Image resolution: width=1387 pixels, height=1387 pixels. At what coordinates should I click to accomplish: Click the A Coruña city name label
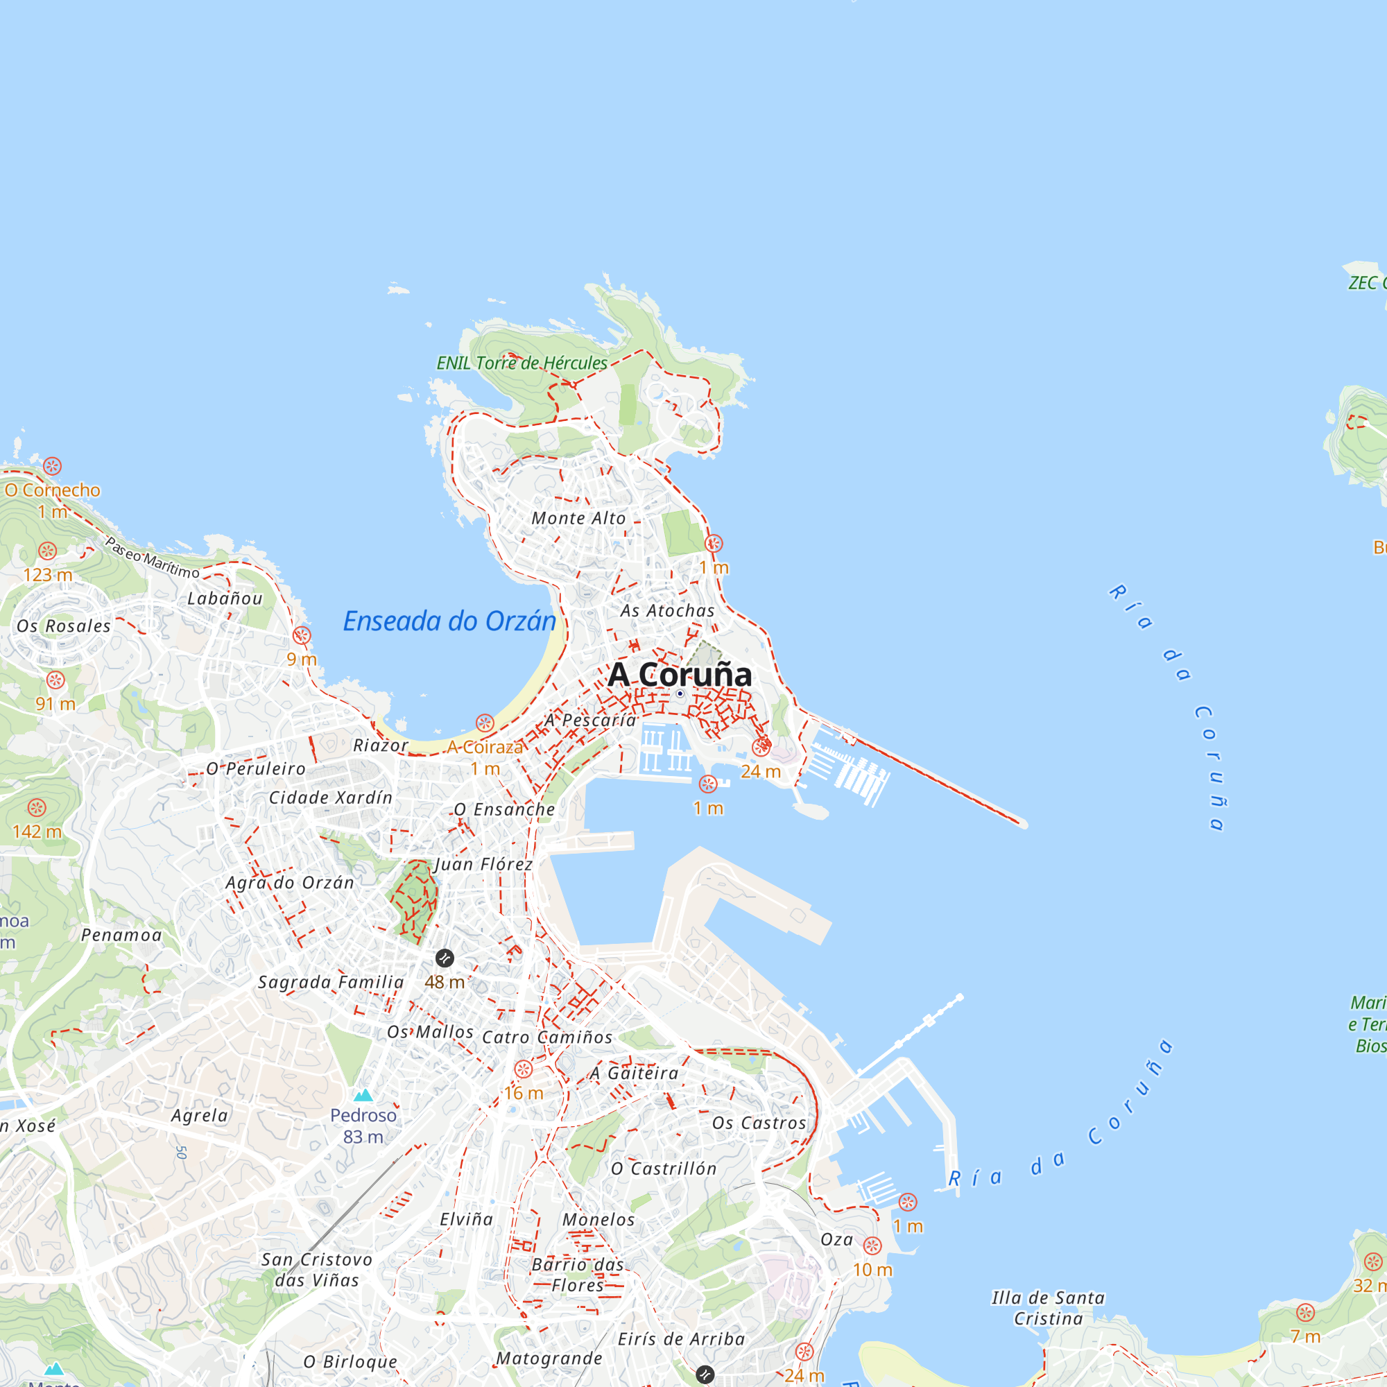(679, 674)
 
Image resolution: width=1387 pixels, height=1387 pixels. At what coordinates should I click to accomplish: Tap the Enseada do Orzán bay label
(449, 621)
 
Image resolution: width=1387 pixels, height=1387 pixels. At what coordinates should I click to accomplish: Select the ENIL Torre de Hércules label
(522, 363)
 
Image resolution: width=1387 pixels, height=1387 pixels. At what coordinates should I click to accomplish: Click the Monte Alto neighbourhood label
(578, 517)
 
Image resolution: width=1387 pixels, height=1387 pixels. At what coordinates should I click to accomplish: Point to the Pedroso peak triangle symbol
(363, 1096)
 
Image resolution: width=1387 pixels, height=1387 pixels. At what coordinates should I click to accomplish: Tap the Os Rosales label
(64, 626)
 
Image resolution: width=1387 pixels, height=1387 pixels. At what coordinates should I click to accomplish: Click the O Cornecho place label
(53, 490)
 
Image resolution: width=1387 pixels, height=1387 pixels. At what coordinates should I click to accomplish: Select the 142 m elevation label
(37, 832)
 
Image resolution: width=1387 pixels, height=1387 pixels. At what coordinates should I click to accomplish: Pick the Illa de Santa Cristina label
(1048, 1308)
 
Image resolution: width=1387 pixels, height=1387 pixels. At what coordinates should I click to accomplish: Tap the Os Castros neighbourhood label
(759, 1123)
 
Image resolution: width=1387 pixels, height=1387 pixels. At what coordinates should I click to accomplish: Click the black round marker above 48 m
(445, 958)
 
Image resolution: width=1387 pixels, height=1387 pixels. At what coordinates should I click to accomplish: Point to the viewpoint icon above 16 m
(524, 1069)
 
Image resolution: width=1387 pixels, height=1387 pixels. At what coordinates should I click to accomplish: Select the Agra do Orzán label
(290, 882)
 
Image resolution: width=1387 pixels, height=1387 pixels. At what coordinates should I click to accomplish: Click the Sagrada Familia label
(331, 982)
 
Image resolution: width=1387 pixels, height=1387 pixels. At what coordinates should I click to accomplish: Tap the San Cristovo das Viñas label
(317, 1270)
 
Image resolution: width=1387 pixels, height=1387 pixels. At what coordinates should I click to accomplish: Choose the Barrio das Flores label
(578, 1275)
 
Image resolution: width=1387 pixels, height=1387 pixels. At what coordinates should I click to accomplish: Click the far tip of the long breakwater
(1022, 823)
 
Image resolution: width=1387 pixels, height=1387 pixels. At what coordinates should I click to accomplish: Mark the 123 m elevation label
(48, 575)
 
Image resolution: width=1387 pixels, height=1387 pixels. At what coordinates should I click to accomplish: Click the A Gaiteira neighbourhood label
(634, 1074)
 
